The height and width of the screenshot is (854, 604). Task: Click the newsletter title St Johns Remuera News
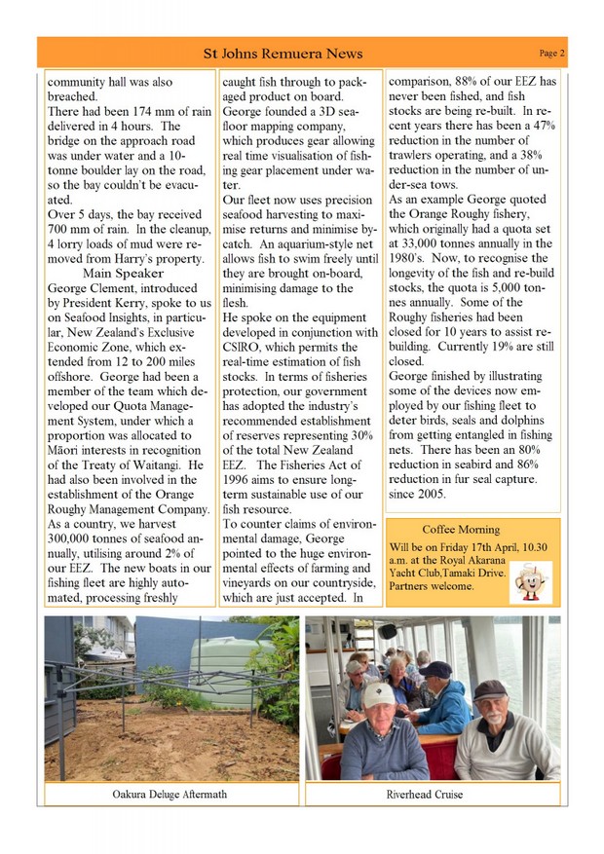283,54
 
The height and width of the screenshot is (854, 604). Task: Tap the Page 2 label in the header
552,53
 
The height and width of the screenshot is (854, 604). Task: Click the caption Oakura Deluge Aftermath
170,795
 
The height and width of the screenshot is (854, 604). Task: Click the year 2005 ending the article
429,493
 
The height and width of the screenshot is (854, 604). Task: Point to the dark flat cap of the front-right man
490,687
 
